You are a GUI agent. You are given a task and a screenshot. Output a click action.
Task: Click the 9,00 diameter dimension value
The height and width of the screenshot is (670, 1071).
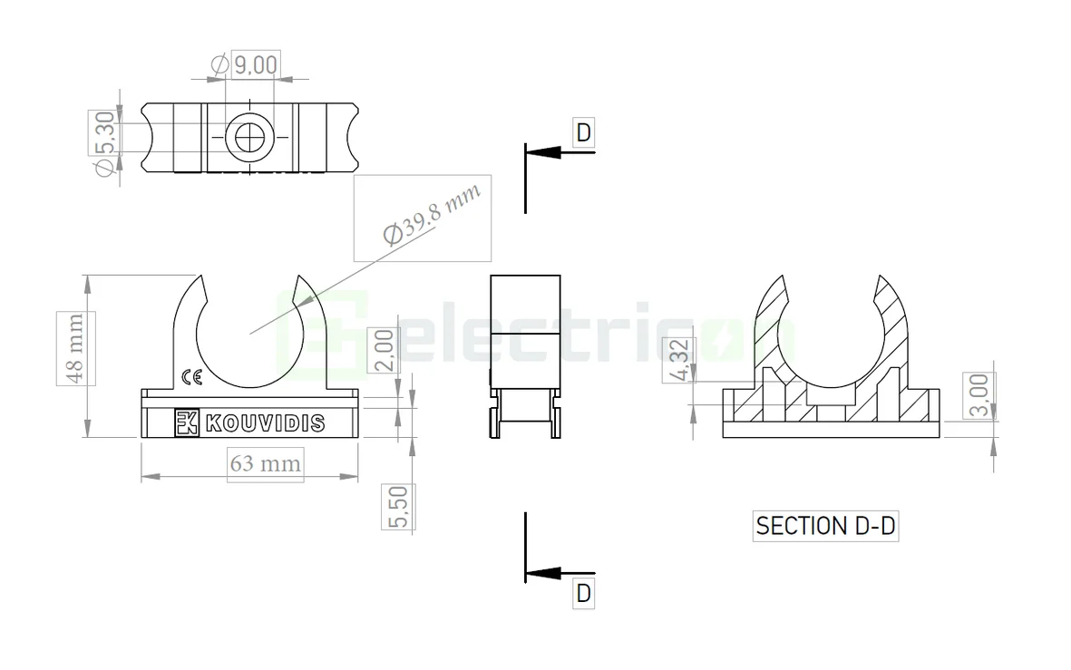pyautogui.click(x=256, y=64)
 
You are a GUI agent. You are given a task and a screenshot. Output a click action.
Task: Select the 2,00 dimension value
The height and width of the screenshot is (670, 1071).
pyautogui.click(x=385, y=349)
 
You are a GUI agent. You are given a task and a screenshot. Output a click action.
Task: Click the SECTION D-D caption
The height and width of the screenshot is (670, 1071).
pyautogui.click(x=825, y=526)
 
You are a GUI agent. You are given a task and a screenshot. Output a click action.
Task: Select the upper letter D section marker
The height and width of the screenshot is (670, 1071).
pyautogui.click(x=583, y=133)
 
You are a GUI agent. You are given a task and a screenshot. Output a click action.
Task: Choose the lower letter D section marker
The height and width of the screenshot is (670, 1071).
pyautogui.click(x=583, y=594)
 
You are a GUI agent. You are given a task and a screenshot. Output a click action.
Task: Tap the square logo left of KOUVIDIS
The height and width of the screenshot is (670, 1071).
pyautogui.click(x=186, y=422)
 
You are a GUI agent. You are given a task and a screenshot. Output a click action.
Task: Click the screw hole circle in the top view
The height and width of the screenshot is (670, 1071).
pyautogui.click(x=248, y=138)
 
